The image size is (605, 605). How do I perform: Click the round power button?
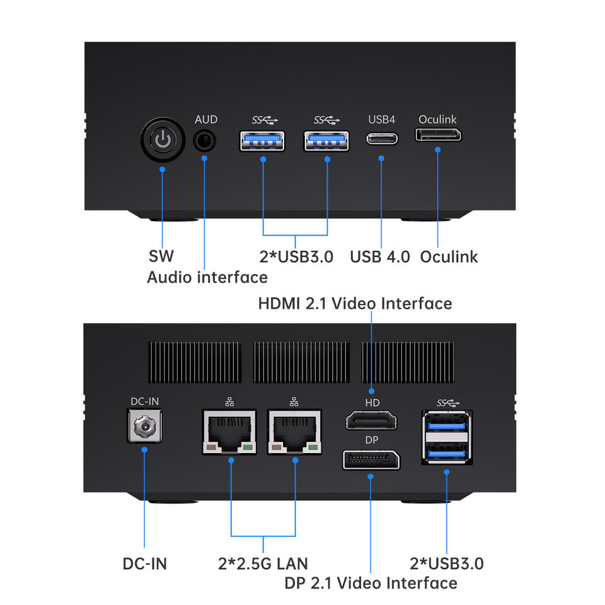coord(163,140)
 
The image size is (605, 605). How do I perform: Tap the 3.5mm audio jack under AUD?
coord(204,141)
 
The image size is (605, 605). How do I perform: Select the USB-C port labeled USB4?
coord(382,138)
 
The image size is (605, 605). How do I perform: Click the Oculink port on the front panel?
coord(438,135)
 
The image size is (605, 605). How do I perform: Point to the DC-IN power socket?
coord(145,426)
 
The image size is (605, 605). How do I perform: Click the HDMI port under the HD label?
coord(371,420)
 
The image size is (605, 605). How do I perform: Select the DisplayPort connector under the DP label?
coord(371,459)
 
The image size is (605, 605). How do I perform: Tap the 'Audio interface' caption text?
coord(207,277)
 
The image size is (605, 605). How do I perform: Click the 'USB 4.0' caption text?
coord(379,256)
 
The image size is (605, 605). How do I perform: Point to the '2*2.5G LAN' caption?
coord(263,563)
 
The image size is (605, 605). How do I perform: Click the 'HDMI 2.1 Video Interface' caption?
coord(355,303)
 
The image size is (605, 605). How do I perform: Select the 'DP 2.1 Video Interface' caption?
coord(371,583)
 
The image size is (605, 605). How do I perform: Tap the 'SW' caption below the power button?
coord(161,256)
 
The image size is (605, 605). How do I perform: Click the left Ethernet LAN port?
coord(229,432)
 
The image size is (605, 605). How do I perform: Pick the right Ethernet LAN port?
coord(294,432)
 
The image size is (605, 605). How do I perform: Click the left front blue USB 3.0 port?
coord(262,141)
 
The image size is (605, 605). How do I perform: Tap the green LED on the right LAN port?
coord(313,447)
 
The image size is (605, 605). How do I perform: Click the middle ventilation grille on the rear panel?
coord(301,362)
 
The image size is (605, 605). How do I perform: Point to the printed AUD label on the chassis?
coord(206,120)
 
